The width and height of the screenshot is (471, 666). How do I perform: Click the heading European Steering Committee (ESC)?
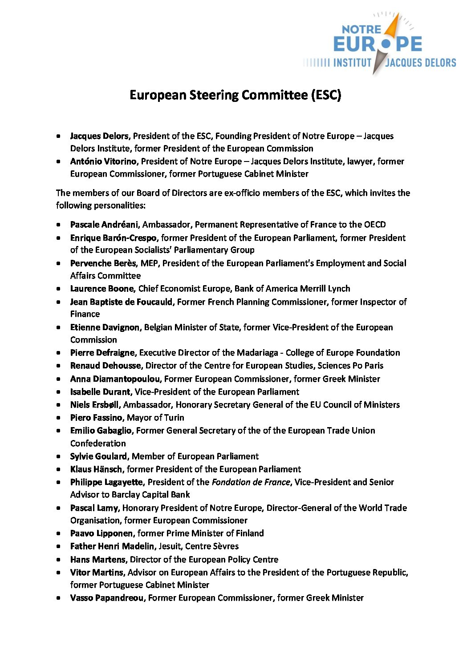235,95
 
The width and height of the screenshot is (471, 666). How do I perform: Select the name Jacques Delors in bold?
99,136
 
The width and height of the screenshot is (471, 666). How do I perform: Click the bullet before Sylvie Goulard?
59,456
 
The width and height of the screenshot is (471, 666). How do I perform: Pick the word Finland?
249,533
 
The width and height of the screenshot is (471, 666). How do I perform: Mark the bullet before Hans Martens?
59,560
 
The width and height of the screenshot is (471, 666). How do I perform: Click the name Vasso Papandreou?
107,597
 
